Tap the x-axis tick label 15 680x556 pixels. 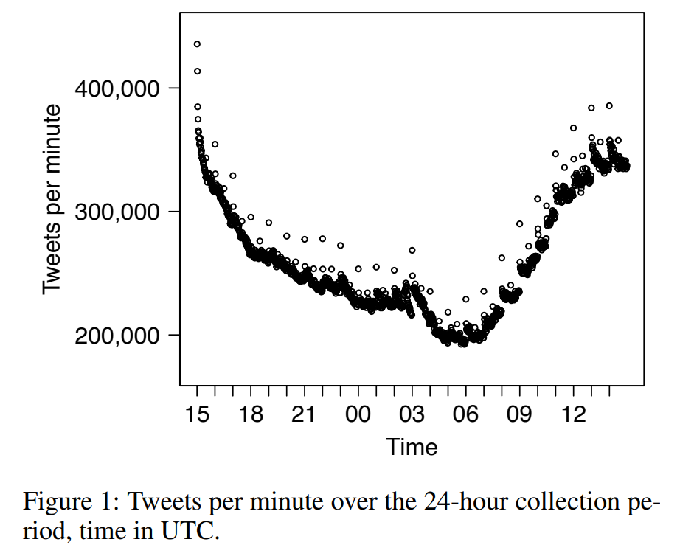click(x=198, y=414)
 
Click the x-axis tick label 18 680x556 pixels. click(x=251, y=414)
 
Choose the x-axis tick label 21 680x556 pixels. click(x=305, y=414)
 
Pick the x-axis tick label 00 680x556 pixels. click(x=358, y=414)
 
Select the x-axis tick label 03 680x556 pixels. click(x=412, y=414)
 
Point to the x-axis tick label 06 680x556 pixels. click(x=465, y=414)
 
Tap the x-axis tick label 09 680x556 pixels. click(x=519, y=414)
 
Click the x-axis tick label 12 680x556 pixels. click(x=573, y=414)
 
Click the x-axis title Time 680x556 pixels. click(x=412, y=447)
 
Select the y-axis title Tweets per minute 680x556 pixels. click(x=52, y=199)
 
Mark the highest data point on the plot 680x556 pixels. click(x=197, y=44)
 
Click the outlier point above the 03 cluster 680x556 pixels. click(x=412, y=251)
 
